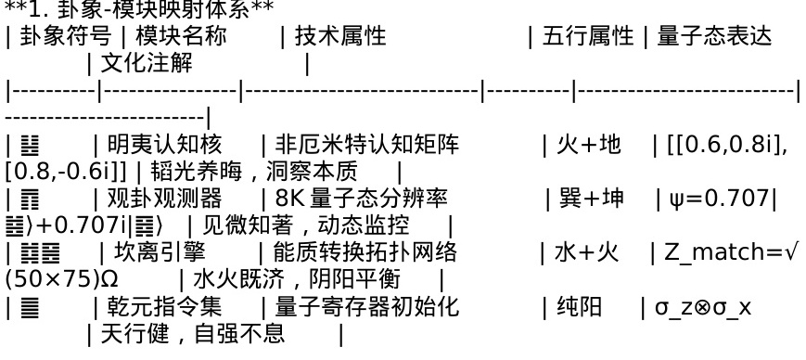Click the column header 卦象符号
click(x=65, y=36)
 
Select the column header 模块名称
click(x=181, y=36)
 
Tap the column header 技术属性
click(x=340, y=36)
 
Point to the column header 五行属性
click(x=588, y=36)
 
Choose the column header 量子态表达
click(x=714, y=36)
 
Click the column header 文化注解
click(x=147, y=64)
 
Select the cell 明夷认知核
click(x=164, y=145)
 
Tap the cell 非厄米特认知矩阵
click(x=367, y=145)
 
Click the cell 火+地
click(x=589, y=145)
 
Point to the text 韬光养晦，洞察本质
click(x=254, y=172)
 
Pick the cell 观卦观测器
click(x=164, y=199)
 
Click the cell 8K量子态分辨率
click(x=362, y=199)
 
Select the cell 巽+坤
click(x=591, y=199)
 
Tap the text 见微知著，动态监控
click(x=306, y=225)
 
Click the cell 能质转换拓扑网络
click(x=365, y=252)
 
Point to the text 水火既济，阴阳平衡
click(x=297, y=279)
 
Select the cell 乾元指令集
click(x=164, y=306)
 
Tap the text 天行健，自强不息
click(x=193, y=333)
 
